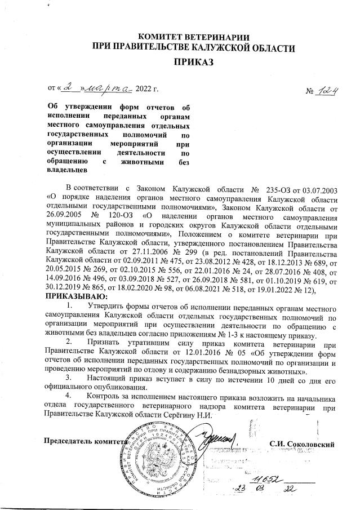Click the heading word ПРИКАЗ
(x=193, y=63)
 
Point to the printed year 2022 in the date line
(x=147, y=90)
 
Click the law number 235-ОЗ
(x=277, y=187)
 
